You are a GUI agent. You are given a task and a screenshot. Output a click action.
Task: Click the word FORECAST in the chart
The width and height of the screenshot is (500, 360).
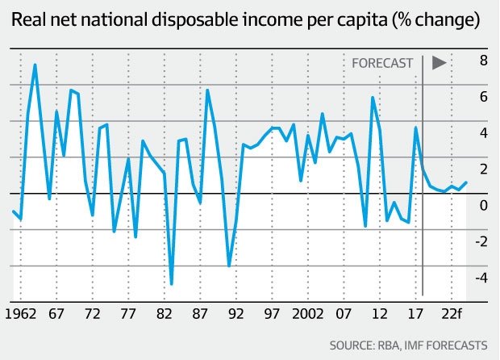[x=383, y=62]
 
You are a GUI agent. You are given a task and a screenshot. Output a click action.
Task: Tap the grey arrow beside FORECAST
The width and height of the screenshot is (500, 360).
[x=440, y=62]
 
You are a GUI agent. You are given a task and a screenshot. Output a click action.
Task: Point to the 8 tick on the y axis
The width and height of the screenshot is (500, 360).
[x=483, y=61]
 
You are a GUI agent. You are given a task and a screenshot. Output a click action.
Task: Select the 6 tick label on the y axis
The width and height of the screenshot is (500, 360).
[x=483, y=97]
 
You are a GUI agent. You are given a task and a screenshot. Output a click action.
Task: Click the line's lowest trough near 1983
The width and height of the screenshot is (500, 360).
[x=172, y=284]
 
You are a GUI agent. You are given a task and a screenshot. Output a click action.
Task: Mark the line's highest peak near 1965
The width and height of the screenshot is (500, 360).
[x=35, y=65]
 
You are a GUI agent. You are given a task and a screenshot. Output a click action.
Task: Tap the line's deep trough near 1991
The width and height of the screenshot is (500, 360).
[x=229, y=266]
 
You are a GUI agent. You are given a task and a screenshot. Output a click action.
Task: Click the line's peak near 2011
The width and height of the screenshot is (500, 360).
[x=372, y=98]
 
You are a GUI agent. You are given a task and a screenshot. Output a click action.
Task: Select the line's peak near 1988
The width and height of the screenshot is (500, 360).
[x=207, y=90]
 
